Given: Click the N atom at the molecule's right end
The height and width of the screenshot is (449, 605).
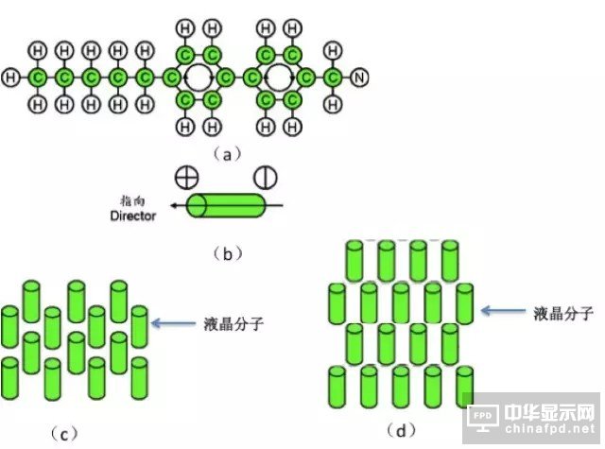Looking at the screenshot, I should point(359,77).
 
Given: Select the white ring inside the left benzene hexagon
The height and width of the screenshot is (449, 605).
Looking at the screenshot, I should point(199,77).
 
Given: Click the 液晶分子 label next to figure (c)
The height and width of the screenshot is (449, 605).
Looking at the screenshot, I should point(234,324).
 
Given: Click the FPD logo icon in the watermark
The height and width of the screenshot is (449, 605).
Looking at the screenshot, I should point(484,417).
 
